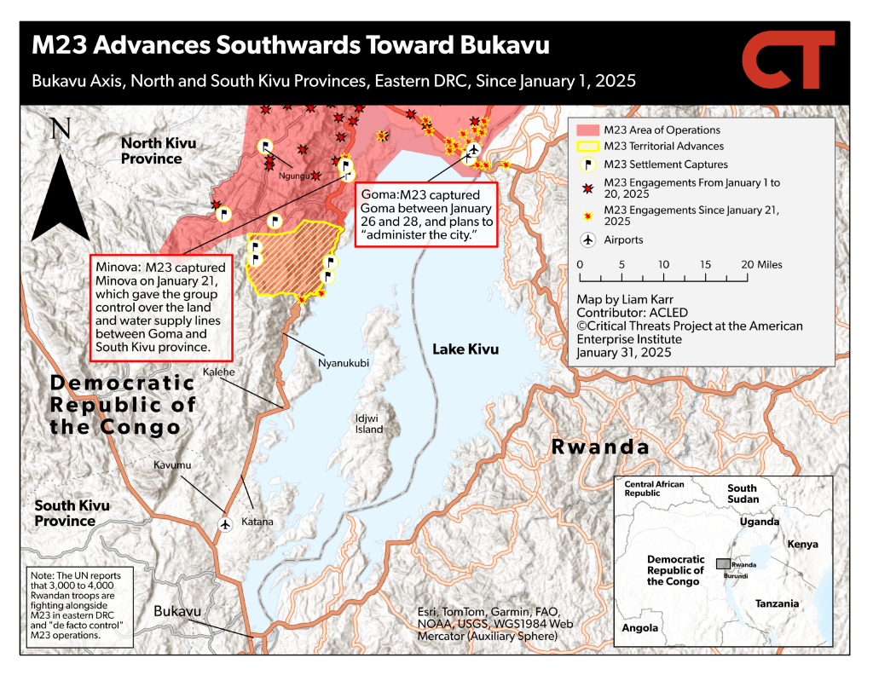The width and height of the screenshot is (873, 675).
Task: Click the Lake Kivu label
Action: (465, 349)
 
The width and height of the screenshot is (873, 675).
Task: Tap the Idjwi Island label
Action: (370, 424)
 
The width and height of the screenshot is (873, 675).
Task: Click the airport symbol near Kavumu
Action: (225, 524)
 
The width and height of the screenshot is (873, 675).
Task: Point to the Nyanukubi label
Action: (344, 362)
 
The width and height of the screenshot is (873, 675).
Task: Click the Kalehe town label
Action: (219, 372)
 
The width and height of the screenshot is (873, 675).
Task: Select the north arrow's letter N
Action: (61, 130)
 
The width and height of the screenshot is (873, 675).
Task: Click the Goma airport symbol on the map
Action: (472, 151)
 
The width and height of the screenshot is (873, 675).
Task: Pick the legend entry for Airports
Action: (623, 240)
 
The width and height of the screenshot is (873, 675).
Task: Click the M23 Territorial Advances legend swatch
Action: (588, 147)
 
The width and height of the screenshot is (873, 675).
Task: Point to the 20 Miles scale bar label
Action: (762, 265)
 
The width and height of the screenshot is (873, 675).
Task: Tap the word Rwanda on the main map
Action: (600, 447)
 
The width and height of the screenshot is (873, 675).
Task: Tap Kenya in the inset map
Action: (803, 545)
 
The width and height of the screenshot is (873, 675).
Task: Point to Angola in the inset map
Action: (640, 628)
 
